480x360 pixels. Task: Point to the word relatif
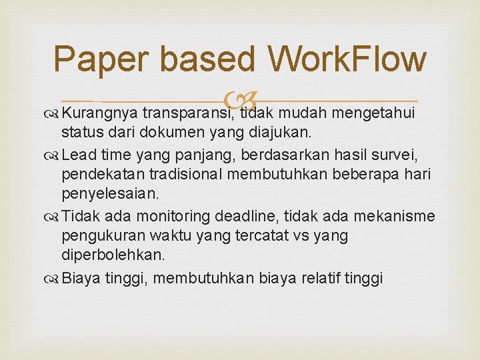point(317,277)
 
